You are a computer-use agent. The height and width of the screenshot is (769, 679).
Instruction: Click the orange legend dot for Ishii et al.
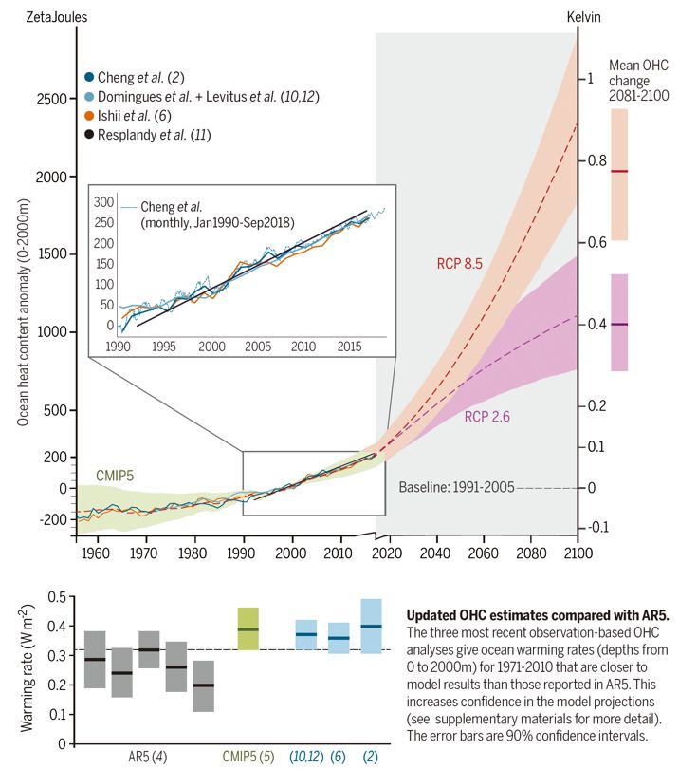pos(88,116)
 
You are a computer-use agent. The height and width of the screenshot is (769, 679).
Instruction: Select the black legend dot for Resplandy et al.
pos(88,135)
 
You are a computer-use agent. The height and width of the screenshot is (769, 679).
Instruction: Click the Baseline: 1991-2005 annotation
pos(455,487)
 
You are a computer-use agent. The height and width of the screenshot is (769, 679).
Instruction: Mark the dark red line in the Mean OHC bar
pos(619,171)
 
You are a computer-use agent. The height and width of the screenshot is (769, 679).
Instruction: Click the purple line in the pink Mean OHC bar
pos(619,325)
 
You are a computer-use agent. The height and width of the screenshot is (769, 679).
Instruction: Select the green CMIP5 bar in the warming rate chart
pos(248,628)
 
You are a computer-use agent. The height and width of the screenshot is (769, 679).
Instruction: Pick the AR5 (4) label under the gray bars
pos(150,757)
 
